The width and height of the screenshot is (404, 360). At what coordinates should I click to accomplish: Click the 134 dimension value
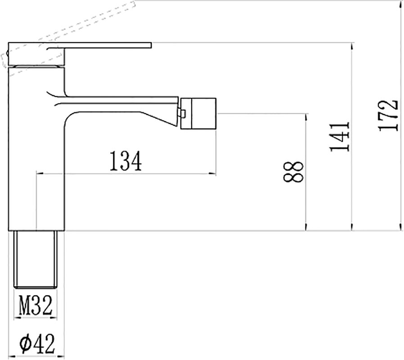[126, 161]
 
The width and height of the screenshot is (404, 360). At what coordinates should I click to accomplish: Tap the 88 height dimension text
[293, 172]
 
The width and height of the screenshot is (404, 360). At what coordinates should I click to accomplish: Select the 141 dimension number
[340, 137]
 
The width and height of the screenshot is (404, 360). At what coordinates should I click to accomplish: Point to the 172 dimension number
[388, 116]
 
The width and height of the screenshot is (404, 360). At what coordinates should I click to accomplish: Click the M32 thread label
[36, 306]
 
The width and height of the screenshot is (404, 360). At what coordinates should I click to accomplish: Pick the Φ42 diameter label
[37, 343]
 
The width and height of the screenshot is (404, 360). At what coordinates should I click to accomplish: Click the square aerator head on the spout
[198, 113]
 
